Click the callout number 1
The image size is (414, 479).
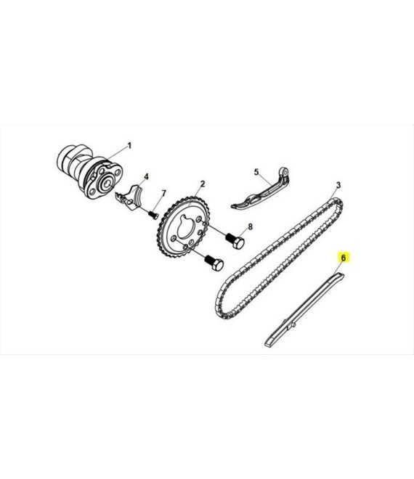pyautogui.click(x=129, y=145)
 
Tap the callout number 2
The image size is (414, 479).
pyautogui.click(x=203, y=184)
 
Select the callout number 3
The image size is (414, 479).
pyautogui.click(x=338, y=185)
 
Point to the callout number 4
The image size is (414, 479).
pyautogui.click(x=147, y=176)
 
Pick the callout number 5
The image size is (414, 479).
pyautogui.click(x=256, y=172)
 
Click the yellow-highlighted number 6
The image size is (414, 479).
pyautogui.click(x=343, y=258)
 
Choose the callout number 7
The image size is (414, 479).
pyautogui.click(x=164, y=193)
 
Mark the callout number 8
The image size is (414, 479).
pyautogui.click(x=250, y=226)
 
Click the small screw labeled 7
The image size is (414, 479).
pyautogui.click(x=153, y=215)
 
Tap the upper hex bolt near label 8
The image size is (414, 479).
pyautogui.click(x=235, y=241)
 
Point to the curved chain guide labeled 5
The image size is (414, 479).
pyautogui.click(x=261, y=190)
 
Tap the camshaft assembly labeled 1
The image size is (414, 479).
pyautogui.click(x=90, y=173)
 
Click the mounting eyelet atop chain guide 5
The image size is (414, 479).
pyautogui.click(x=284, y=172)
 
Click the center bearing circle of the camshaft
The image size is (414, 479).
pyautogui.click(x=106, y=184)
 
